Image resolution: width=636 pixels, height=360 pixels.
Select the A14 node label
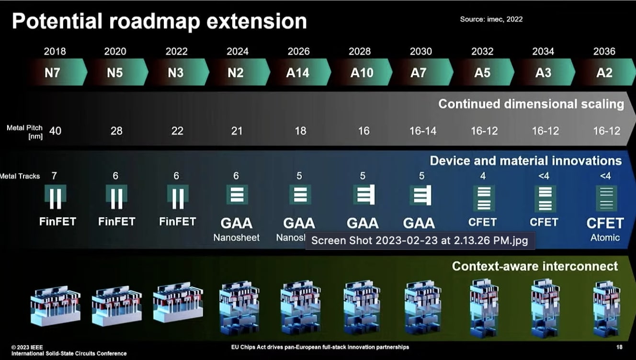pyautogui.click(x=298, y=73)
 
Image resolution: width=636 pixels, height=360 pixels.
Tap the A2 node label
pyautogui.click(x=604, y=73)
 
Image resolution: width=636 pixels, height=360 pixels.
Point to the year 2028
pyautogui.click(x=360, y=51)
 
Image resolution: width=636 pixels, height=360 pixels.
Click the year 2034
pyautogui.click(x=543, y=51)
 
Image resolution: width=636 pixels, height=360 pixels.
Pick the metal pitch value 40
pyautogui.click(x=55, y=131)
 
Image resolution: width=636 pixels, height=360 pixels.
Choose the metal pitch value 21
pyautogui.click(x=237, y=131)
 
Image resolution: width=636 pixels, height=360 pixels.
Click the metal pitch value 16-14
pyautogui.click(x=423, y=131)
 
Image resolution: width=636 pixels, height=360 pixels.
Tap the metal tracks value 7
pyautogui.click(x=54, y=176)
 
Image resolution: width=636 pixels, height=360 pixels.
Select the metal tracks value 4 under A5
pyautogui.click(x=483, y=176)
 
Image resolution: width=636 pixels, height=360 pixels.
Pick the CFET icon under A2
pyautogui.click(x=606, y=198)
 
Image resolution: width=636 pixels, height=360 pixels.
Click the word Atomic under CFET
pyautogui.click(x=605, y=237)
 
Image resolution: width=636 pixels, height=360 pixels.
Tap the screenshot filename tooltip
pyautogui.click(x=420, y=240)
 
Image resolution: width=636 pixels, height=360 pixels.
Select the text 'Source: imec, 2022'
pyautogui.click(x=491, y=19)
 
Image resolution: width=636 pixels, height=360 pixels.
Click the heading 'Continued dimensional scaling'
pyautogui.click(x=531, y=104)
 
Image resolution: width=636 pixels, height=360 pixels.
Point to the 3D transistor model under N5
pyautogui.click(x=116, y=303)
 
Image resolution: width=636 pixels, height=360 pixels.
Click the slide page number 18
pyautogui.click(x=620, y=347)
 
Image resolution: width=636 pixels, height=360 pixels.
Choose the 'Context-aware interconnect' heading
pyautogui.click(x=535, y=266)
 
